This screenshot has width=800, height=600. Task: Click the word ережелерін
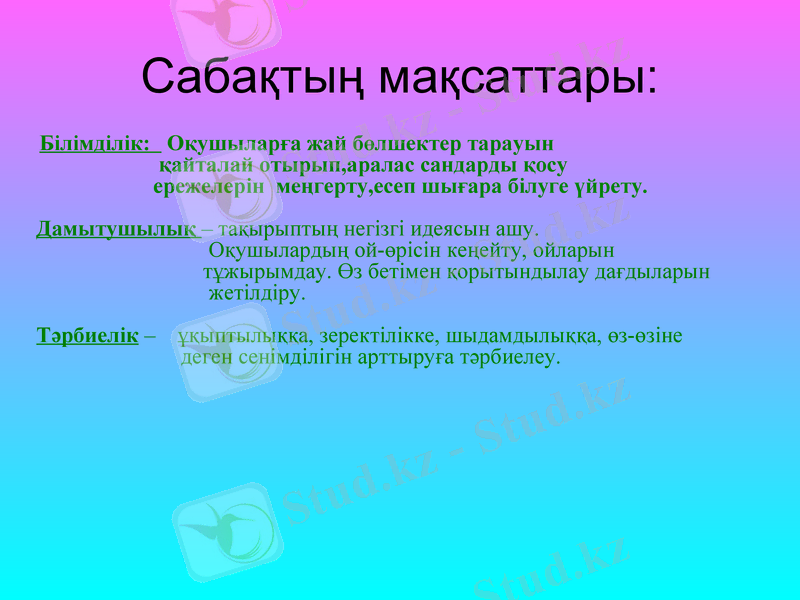tap(209, 186)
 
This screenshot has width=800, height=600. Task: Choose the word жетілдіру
tap(256, 294)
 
